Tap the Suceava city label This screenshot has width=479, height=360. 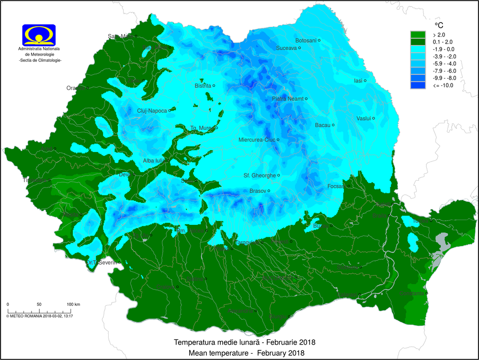(x=286, y=48)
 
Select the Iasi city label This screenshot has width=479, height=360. (x=358, y=81)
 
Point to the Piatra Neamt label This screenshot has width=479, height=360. (x=288, y=99)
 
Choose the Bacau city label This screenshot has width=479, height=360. (x=322, y=125)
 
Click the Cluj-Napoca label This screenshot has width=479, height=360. (x=152, y=111)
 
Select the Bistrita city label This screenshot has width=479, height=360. (x=203, y=86)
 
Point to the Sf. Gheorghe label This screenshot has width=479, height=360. (x=260, y=175)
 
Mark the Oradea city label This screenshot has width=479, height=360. (x=75, y=88)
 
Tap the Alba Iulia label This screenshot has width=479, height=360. (x=154, y=161)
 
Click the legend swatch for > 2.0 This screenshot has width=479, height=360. (x=418, y=35)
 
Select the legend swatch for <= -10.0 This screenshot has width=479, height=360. (x=418, y=85)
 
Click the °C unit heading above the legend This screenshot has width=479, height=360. (x=439, y=25)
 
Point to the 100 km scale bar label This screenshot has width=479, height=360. (x=73, y=304)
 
